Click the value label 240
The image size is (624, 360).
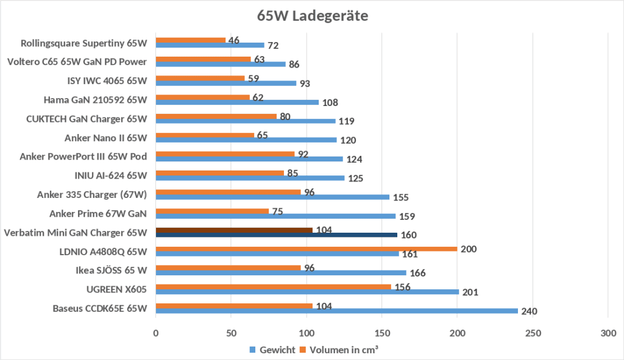click(530, 312)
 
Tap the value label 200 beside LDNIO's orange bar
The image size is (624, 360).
click(468, 249)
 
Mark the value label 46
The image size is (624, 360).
click(233, 41)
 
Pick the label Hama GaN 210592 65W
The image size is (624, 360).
click(96, 100)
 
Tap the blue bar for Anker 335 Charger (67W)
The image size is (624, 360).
click(272, 197)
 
